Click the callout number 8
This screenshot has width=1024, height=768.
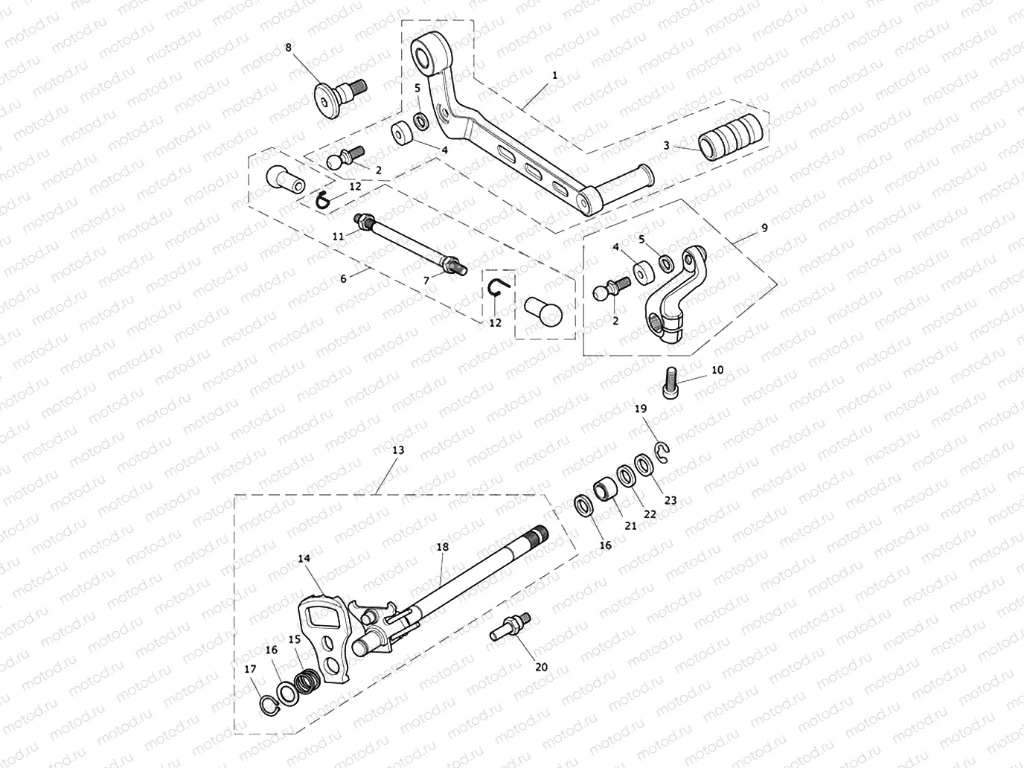tap(289, 47)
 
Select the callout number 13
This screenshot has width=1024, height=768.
tap(398, 450)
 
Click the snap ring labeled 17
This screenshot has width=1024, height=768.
tap(268, 703)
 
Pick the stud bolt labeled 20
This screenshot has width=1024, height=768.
tap(512, 627)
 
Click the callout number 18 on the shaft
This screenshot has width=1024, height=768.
tap(443, 546)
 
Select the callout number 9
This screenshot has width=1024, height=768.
tap(764, 229)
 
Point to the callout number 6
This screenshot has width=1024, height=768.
tap(343, 278)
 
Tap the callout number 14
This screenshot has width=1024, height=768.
tap(304, 558)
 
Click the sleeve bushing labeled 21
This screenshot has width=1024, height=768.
tap(604, 492)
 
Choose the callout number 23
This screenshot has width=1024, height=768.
tap(671, 501)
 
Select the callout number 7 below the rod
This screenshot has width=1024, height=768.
tap(426, 280)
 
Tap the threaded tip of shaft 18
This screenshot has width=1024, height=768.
tap(538, 534)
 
